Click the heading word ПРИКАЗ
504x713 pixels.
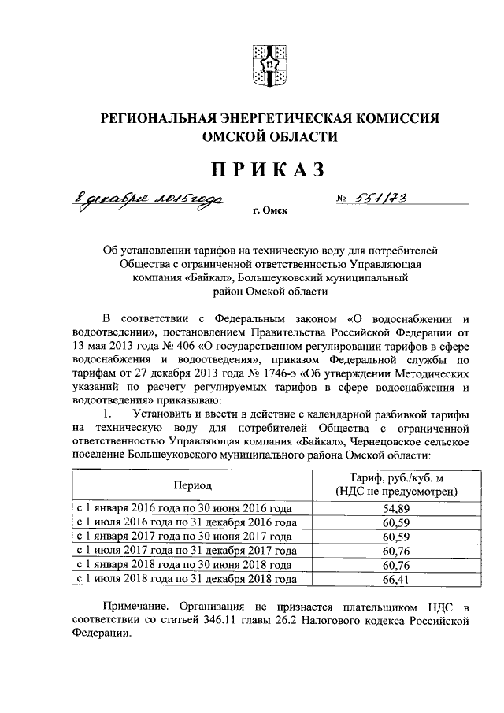267,169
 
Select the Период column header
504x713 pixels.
193,485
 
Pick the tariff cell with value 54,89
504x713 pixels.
391,508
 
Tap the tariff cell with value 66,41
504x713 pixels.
391,579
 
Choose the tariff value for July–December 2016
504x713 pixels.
391,522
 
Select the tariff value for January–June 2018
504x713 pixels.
391,565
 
